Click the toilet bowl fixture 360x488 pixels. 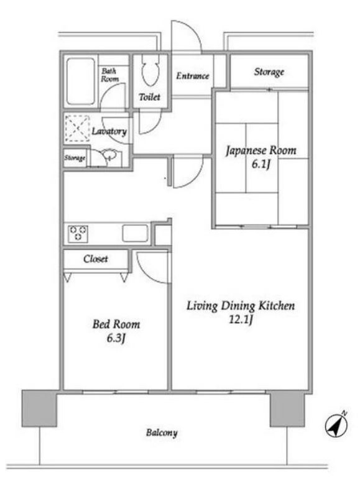[150, 70]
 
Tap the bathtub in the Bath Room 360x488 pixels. [81, 81]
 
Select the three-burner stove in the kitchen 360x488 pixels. [78, 233]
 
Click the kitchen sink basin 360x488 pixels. [135, 233]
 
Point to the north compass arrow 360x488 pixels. [336, 425]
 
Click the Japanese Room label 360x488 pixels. [261, 150]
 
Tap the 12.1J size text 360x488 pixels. [241, 320]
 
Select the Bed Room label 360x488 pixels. [116, 325]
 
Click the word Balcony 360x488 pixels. [162, 433]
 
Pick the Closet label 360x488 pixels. [96, 259]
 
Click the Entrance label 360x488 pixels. [193, 76]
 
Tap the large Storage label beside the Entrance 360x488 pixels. [269, 72]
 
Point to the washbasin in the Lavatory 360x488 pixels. [109, 154]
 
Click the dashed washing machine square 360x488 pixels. [77, 129]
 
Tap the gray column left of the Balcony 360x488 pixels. [39, 408]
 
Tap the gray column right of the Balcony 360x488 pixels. [287, 408]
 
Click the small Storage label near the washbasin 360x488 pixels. [75, 158]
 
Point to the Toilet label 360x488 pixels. [150, 97]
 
